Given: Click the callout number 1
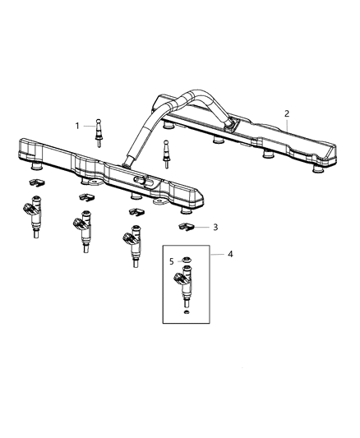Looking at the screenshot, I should pos(77,126).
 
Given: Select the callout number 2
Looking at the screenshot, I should pos(286,113).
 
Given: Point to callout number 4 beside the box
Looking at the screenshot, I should pos(229,254).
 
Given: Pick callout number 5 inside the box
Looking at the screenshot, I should pos(172,262).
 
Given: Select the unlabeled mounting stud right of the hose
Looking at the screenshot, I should pos(168,151).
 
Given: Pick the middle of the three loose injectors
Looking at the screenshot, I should pos(84,231).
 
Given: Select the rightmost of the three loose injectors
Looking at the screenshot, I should pos(132,247).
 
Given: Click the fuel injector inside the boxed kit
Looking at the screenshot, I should pos(187,289).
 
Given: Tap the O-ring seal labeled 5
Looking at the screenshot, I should pos(187,262).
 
